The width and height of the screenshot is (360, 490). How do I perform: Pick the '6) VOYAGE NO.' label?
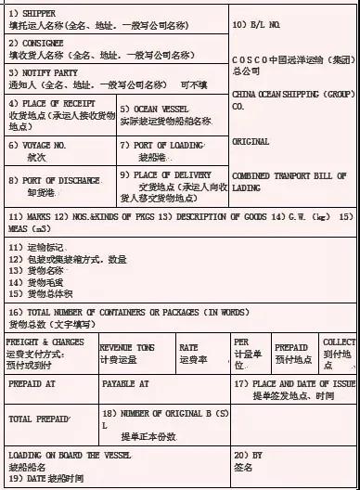pos(39,145)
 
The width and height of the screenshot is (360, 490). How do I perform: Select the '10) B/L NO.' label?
pos(255,22)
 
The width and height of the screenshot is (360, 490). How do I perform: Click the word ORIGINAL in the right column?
pos(251,142)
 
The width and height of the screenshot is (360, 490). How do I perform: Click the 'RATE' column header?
pos(188,346)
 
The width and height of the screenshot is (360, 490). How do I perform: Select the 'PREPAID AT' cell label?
pos(32,382)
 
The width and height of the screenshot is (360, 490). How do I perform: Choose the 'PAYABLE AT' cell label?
pos(125,382)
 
